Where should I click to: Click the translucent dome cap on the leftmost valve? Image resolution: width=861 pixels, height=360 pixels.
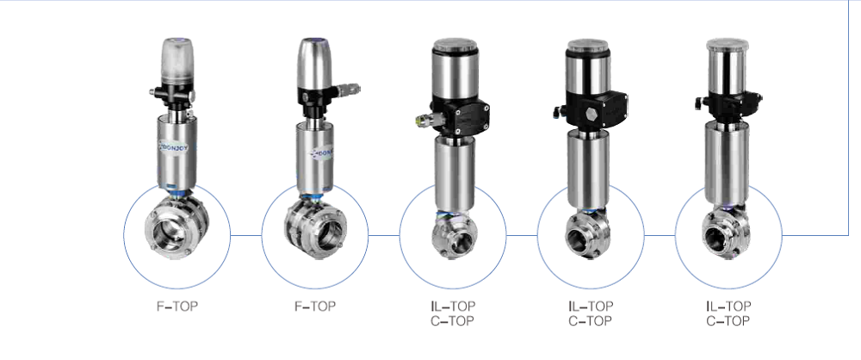[x=177, y=62]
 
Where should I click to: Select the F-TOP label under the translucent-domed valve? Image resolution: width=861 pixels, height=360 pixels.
[x=177, y=306]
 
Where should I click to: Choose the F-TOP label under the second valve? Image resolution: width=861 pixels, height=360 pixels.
[x=315, y=306]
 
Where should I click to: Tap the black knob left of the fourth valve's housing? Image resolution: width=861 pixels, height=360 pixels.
[x=556, y=111]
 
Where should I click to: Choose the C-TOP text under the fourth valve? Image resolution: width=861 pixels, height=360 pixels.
[x=590, y=321]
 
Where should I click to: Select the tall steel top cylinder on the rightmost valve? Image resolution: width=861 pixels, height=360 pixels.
[x=728, y=66]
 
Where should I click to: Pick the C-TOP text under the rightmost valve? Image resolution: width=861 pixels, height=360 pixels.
[x=728, y=321]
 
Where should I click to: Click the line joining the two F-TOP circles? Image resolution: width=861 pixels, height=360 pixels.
[x=246, y=233]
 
